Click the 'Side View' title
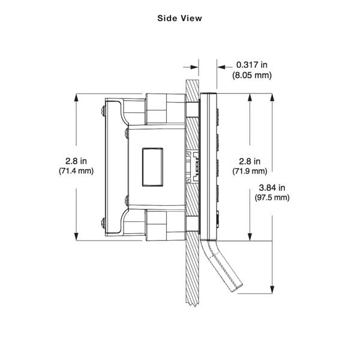[179, 18]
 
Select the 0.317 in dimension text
[251, 65]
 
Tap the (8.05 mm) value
[251, 75]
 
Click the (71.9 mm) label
[248, 171]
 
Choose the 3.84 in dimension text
[272, 187]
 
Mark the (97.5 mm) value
[272, 197]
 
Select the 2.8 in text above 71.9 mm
[248, 161]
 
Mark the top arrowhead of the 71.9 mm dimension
[248, 97]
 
